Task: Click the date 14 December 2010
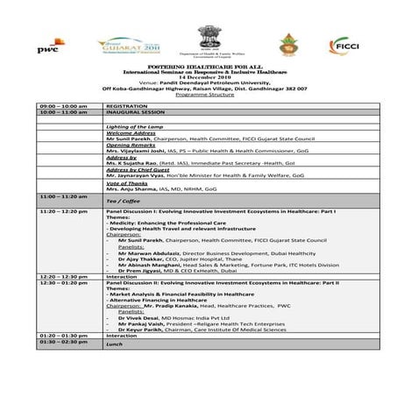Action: (x=197, y=79)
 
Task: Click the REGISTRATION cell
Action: (x=127, y=106)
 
